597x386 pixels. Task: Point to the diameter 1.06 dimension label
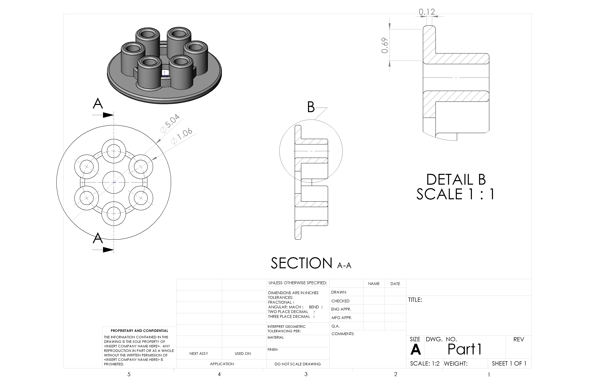pos(182,136)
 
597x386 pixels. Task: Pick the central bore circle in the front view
pos(114,182)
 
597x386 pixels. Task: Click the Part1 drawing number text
pos(465,349)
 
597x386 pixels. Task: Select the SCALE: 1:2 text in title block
pos(424,363)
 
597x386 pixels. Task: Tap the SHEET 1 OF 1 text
pos(509,363)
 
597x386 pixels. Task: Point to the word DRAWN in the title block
pos(339,292)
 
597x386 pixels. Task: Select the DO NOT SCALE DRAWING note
pos(297,364)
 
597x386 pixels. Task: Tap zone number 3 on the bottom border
pos(306,374)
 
